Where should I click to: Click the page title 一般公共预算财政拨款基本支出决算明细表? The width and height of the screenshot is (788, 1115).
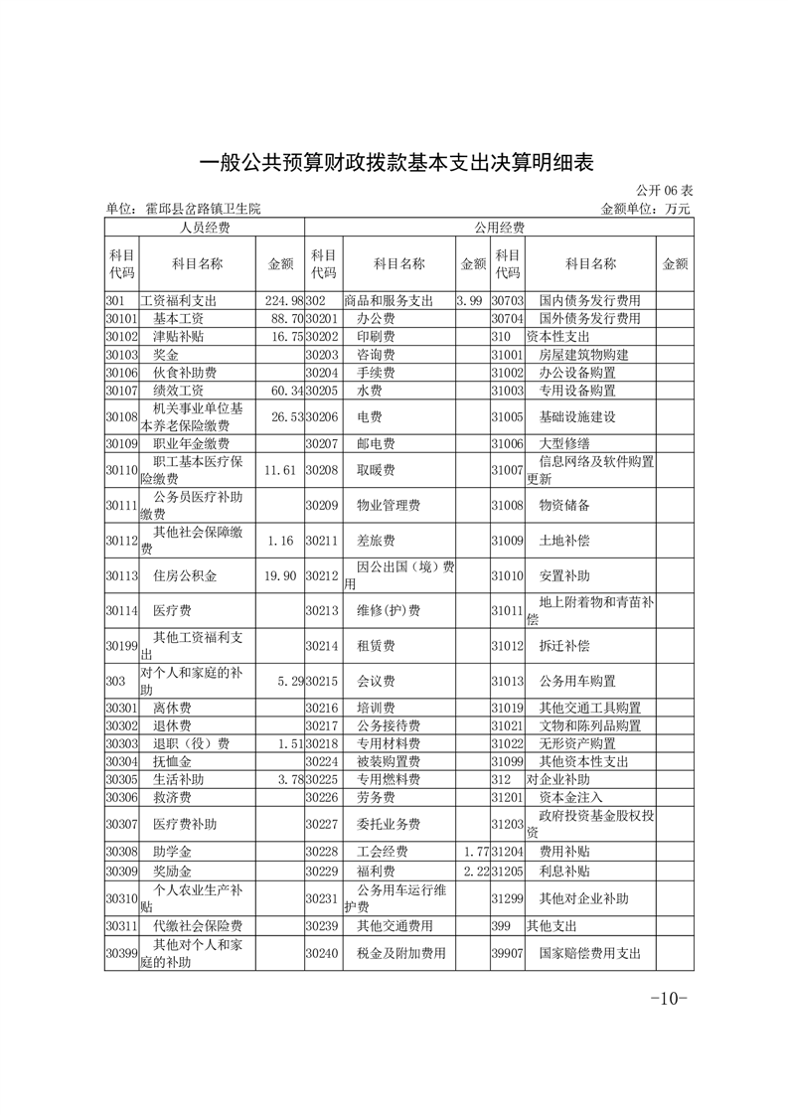pos(396,162)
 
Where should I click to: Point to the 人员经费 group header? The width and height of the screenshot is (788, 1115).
pos(205,228)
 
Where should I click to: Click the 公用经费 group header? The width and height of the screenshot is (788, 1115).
pos(499,228)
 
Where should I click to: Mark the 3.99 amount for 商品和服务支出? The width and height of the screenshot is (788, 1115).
pos(469,300)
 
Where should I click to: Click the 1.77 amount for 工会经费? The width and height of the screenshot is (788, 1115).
pos(473,852)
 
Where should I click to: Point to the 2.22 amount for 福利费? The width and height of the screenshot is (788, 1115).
pos(473,871)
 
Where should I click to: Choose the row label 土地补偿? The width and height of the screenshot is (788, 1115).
pos(563,541)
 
